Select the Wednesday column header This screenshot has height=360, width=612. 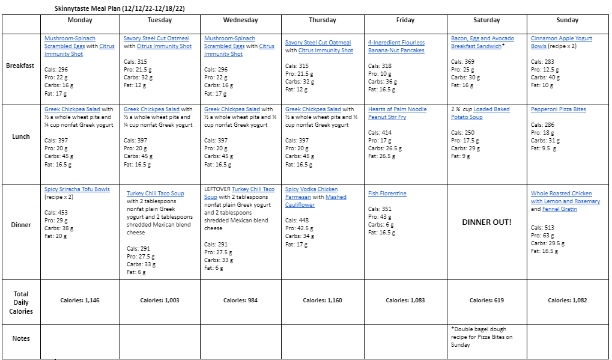[x=240, y=20]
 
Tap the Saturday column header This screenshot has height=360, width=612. [x=486, y=20]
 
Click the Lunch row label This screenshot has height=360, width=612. [x=21, y=136]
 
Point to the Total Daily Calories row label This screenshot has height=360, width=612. [x=21, y=302]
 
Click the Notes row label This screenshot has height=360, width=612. [x=21, y=338]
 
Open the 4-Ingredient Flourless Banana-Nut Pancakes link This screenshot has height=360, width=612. [x=396, y=47]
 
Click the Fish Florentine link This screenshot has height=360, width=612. [x=387, y=194]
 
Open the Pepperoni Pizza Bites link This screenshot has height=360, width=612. [x=558, y=109]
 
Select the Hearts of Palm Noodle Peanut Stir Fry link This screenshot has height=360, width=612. [x=397, y=113]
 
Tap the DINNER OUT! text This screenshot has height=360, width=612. [x=486, y=222]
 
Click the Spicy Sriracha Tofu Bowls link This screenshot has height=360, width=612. [x=77, y=189]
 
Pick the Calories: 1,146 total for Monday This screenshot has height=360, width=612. [x=80, y=300]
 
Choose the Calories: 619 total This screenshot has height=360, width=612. [x=486, y=300]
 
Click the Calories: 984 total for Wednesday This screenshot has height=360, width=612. [x=240, y=300]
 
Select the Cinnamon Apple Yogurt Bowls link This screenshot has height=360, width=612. [x=561, y=42]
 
